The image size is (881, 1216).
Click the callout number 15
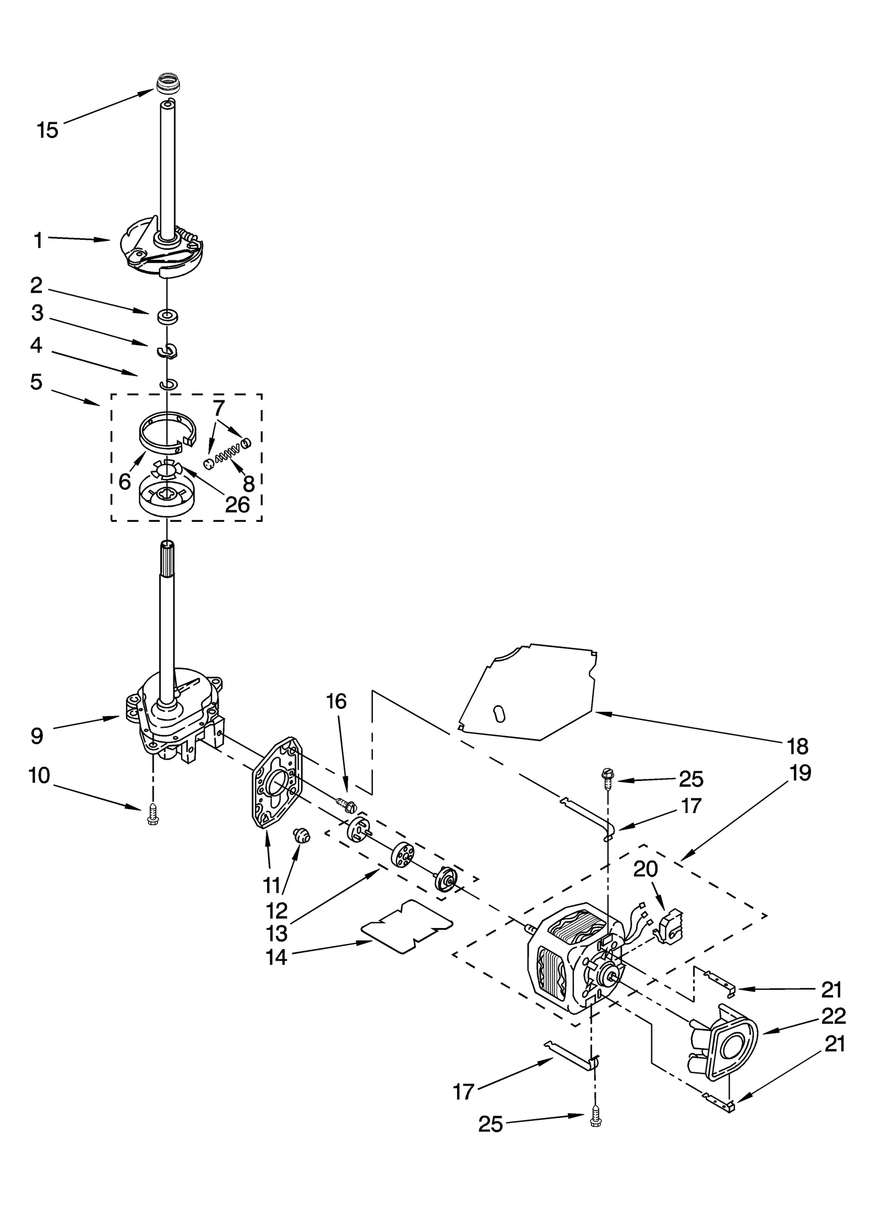(x=47, y=131)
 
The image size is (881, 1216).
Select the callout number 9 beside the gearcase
(x=37, y=736)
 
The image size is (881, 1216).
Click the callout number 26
(x=237, y=504)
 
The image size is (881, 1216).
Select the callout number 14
(x=276, y=957)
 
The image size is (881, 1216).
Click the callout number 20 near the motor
(x=645, y=869)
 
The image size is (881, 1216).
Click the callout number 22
(x=833, y=1016)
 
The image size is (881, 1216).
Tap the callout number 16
(x=336, y=701)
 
